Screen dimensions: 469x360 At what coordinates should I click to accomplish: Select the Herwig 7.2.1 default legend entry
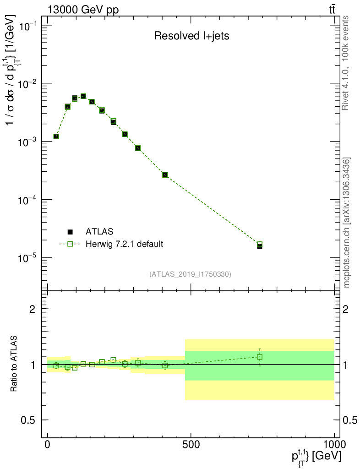[x=124, y=244]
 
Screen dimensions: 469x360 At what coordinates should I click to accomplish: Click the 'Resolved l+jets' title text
[x=191, y=36]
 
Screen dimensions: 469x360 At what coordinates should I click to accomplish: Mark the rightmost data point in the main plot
[x=260, y=245]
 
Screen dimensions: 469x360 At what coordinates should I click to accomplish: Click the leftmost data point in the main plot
[x=56, y=136]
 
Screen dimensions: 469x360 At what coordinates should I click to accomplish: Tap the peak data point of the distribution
[x=83, y=96]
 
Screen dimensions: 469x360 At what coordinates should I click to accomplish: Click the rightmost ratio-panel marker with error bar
[x=260, y=357]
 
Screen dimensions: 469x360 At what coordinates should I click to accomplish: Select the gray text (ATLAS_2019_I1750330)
[x=190, y=274]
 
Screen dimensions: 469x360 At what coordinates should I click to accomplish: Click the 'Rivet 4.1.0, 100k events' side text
[x=346, y=63]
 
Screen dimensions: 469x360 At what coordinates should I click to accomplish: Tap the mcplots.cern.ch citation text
[x=347, y=222]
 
